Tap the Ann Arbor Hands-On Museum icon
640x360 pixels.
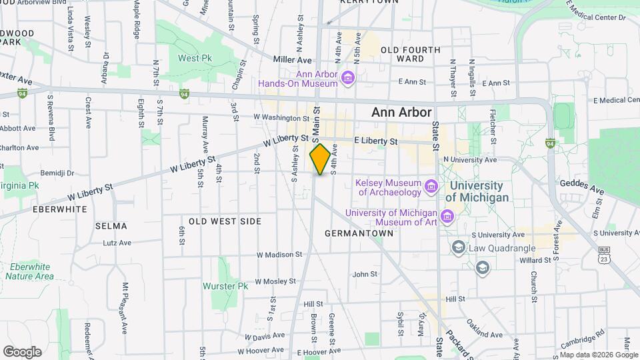point(347,79)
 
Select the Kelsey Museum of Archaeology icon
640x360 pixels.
point(431,185)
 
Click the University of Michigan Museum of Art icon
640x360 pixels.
point(447,216)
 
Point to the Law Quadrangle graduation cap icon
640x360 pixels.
point(458,248)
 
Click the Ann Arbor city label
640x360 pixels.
point(401,113)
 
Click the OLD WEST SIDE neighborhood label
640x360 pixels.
point(225,221)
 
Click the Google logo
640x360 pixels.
point(22,351)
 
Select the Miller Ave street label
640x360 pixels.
point(288,59)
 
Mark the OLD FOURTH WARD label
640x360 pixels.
point(411,54)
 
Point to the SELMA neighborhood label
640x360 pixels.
point(111,226)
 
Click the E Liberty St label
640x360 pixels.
point(376,141)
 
